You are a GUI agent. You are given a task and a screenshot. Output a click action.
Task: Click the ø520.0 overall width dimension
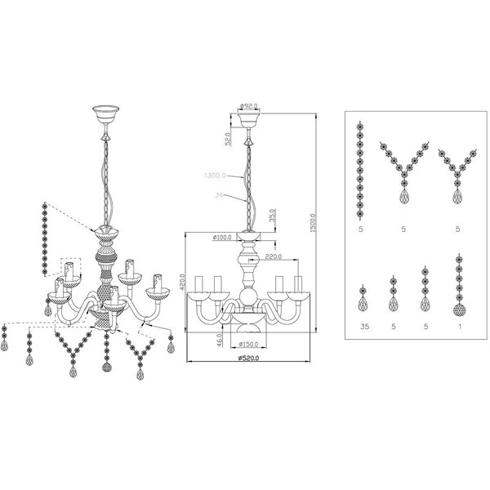pos(245,358)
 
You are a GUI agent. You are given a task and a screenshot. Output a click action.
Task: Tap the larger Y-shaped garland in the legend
pos(403,176)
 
